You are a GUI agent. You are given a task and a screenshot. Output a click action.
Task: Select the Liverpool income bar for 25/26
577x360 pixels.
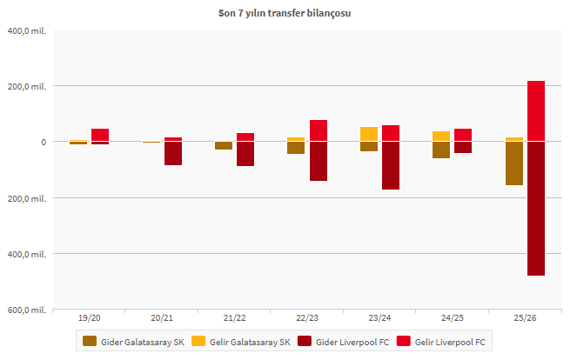[536, 110]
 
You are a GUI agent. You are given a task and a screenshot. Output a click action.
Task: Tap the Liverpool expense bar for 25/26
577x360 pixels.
[536, 209]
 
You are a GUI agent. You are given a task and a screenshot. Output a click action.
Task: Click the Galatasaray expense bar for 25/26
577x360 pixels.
[514, 163]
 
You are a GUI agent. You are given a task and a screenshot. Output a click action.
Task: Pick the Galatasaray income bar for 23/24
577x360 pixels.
[369, 134]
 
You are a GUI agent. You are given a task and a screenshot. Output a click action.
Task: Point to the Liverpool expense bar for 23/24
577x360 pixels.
[391, 165]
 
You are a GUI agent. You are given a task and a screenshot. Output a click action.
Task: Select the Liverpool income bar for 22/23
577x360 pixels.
[319, 130]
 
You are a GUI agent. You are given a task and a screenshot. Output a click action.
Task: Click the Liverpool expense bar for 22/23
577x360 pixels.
[319, 161]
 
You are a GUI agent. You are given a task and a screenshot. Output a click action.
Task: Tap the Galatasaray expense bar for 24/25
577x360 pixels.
[441, 150]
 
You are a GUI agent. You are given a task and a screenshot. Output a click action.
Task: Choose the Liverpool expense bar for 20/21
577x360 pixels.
[173, 153]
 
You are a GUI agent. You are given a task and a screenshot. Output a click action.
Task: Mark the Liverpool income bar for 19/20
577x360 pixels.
[100, 135]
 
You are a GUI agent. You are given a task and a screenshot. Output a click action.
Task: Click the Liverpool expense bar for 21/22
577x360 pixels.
[245, 154]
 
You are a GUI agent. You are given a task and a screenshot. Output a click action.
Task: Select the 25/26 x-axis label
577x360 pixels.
[526, 319]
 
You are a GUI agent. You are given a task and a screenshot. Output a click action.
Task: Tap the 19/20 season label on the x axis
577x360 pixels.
[89, 319]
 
